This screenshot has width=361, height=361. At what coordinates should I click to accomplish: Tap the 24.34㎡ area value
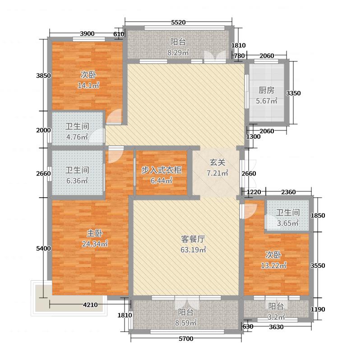(95, 244)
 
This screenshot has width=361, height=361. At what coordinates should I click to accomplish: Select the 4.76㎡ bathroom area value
(77, 137)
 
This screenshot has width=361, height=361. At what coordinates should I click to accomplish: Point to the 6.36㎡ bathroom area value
(77, 180)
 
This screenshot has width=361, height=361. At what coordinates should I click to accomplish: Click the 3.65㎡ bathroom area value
(288, 223)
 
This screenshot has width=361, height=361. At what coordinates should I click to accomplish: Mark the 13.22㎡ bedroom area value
(274, 265)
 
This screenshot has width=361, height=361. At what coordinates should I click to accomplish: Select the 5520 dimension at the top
(179, 22)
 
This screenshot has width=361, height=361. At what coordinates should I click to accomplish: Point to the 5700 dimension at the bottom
(185, 339)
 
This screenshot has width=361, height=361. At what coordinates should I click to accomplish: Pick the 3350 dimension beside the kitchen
(294, 93)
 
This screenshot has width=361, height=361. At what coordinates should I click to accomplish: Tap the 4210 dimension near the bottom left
(90, 305)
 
